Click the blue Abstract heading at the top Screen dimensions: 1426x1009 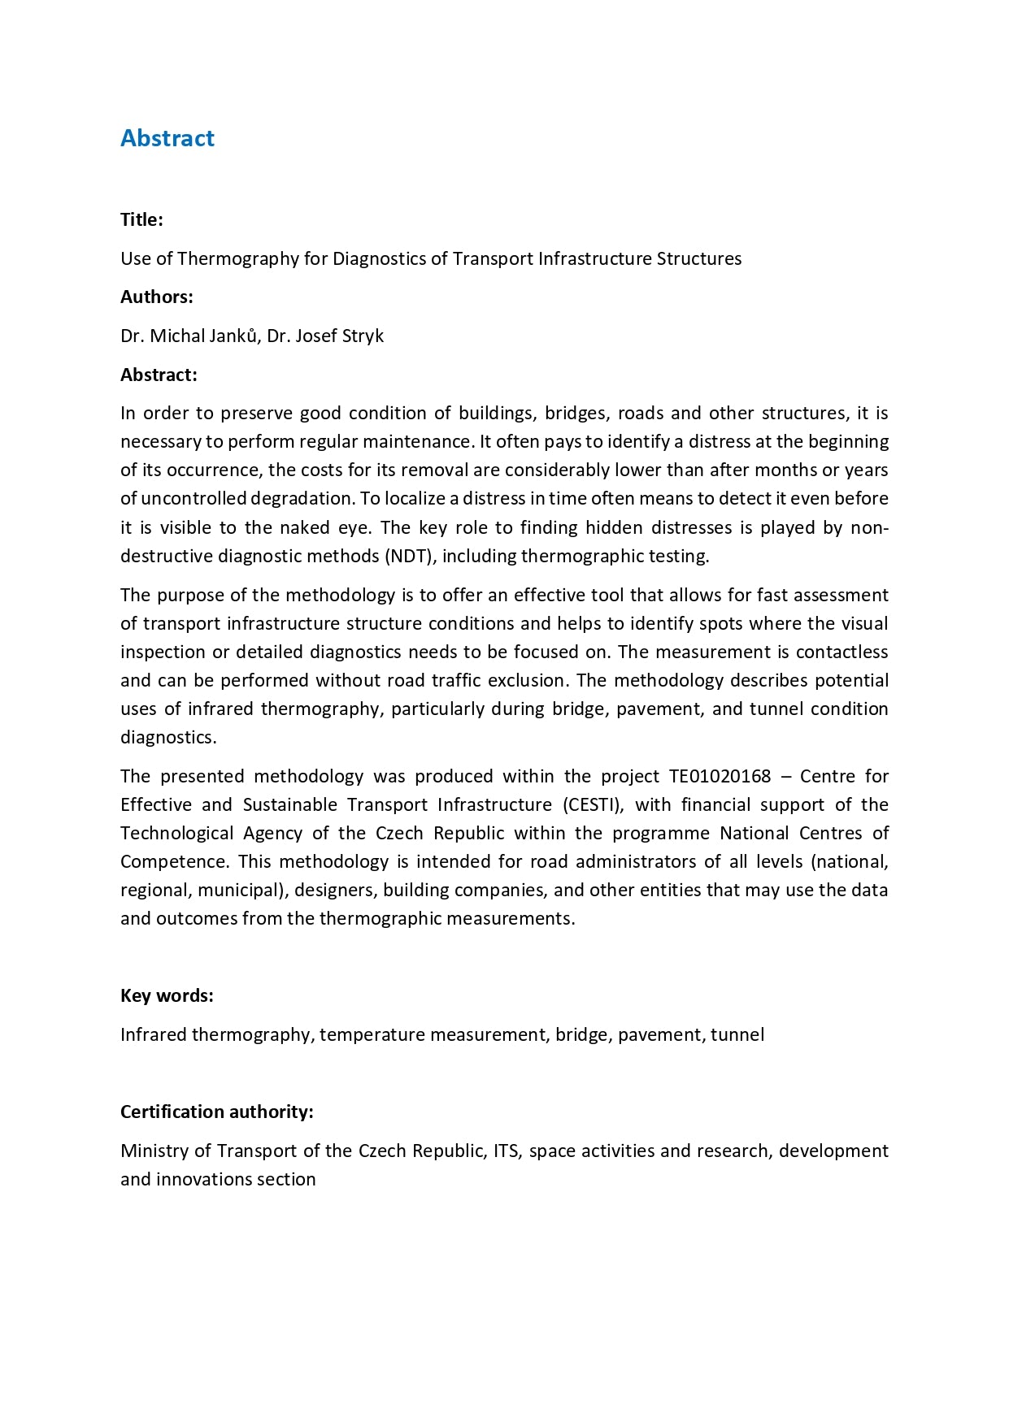pyautogui.click(x=167, y=138)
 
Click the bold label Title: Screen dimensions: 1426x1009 pyautogui.click(x=141, y=219)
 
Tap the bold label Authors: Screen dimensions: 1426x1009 pyautogui.click(x=156, y=297)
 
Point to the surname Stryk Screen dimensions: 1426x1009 pyautogui.click(x=362, y=336)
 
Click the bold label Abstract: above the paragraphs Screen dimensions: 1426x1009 pyautogui.click(x=159, y=375)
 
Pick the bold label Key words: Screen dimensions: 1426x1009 pyautogui.click(x=167, y=995)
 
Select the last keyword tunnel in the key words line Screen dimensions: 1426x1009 pyautogui.click(x=737, y=1034)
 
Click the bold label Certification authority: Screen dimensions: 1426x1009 pyautogui.click(x=216, y=1112)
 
